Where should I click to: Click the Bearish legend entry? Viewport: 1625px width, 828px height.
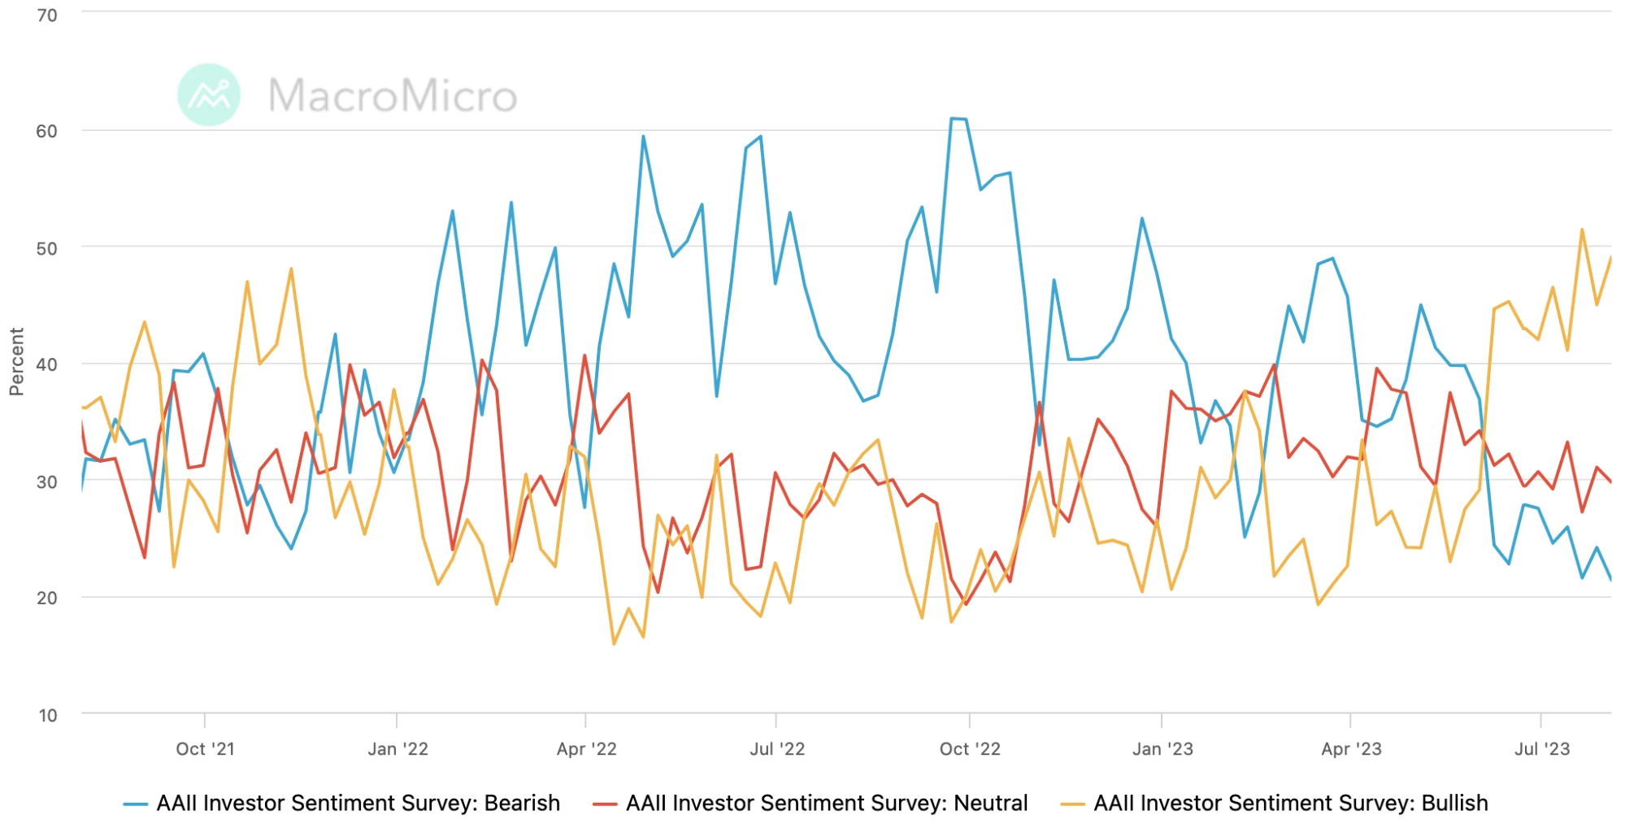[x=342, y=804]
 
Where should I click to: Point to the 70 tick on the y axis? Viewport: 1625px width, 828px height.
[x=47, y=15]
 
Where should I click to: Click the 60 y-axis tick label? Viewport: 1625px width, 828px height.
[x=47, y=132]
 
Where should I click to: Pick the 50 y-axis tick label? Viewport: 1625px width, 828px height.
[x=47, y=249]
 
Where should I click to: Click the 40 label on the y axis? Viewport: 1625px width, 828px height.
[x=47, y=365]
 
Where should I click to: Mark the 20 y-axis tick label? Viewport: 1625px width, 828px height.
[x=47, y=599]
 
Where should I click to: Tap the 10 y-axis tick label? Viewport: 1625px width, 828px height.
[x=47, y=716]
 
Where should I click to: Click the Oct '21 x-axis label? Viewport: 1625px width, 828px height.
[x=205, y=749]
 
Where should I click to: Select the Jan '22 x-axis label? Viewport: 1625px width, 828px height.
[x=398, y=749]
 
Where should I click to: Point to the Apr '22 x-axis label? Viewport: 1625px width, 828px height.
[x=586, y=749]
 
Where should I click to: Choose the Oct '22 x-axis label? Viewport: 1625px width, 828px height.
[x=970, y=749]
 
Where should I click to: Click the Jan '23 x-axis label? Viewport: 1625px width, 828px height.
[x=1162, y=749]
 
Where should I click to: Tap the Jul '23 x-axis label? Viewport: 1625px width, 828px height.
[x=1541, y=749]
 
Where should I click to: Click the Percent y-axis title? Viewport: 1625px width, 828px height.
[x=17, y=362]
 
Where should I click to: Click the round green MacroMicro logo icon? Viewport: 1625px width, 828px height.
[x=209, y=95]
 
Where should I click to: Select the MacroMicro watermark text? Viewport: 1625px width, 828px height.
[x=393, y=96]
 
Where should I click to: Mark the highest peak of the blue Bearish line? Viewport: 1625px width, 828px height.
[x=953, y=119]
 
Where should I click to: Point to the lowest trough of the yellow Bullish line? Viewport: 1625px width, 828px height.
[x=614, y=644]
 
